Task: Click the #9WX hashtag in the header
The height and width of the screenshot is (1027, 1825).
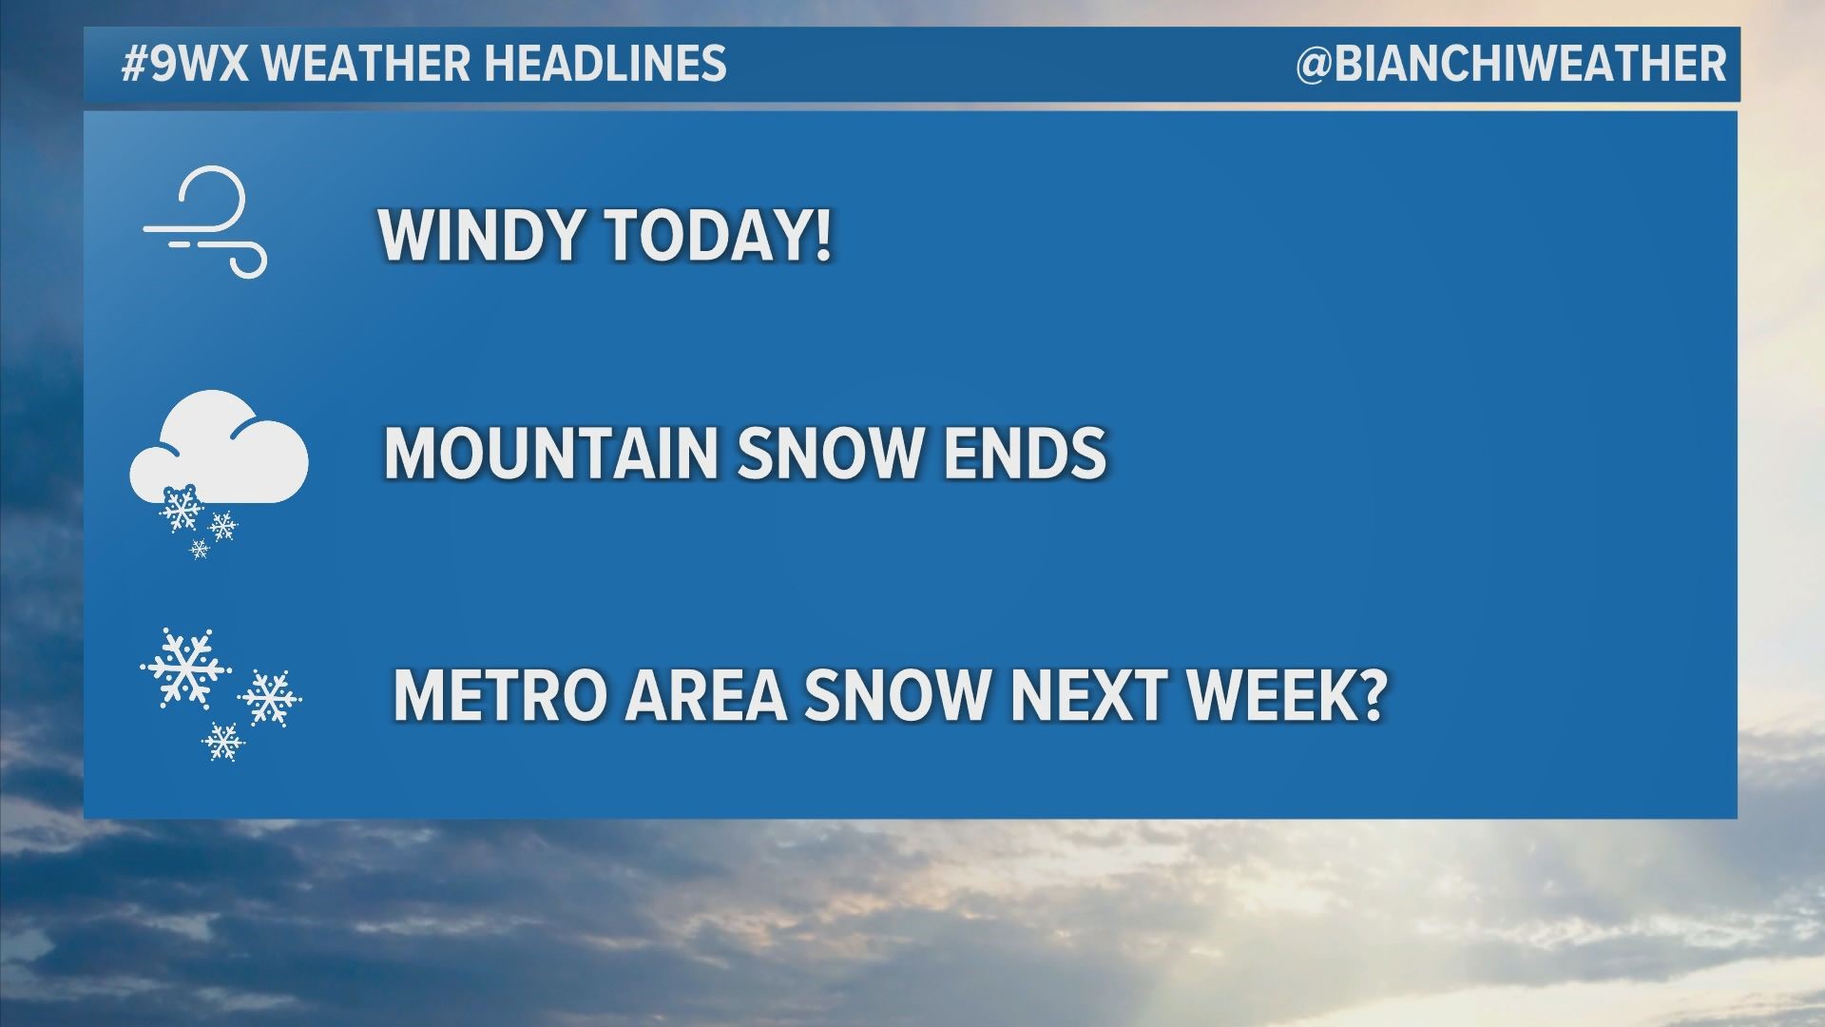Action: [185, 64]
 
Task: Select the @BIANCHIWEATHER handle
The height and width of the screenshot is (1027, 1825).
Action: [1510, 64]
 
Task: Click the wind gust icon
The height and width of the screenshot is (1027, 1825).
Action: [204, 222]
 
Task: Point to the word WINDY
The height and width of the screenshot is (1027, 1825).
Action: [481, 234]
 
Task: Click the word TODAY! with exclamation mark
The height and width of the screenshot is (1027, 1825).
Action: [719, 234]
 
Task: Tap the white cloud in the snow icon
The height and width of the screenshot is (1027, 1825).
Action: [220, 448]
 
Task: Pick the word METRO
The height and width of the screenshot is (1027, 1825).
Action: [499, 695]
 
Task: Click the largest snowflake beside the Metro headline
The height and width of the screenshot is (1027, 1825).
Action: [185, 668]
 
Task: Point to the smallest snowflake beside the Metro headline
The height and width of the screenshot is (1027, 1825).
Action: [223, 741]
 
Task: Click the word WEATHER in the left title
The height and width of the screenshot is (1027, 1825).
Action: [365, 64]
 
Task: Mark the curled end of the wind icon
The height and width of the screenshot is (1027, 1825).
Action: [249, 260]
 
